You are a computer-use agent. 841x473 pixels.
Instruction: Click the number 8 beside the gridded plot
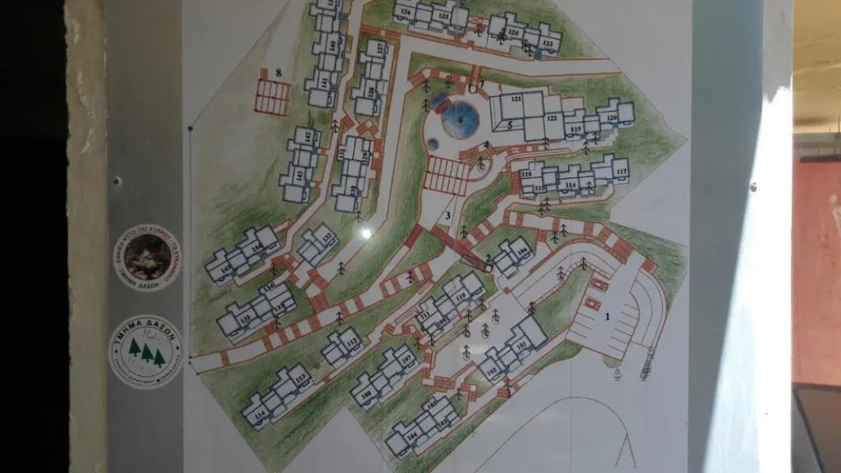279,73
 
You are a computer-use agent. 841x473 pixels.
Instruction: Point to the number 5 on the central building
510,125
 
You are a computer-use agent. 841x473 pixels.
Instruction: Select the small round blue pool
434,144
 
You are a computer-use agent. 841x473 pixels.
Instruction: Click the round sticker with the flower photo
146,257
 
